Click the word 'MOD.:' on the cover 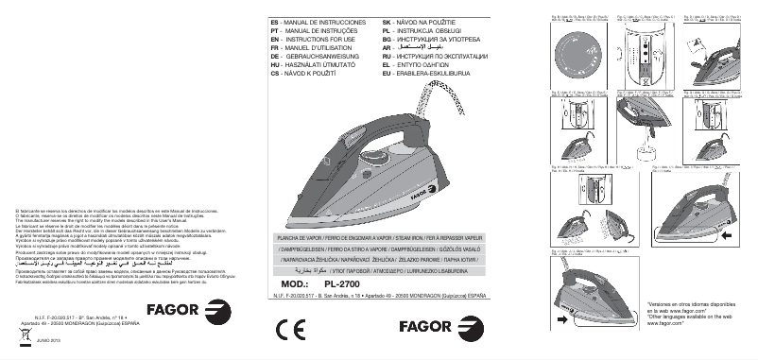295,282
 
